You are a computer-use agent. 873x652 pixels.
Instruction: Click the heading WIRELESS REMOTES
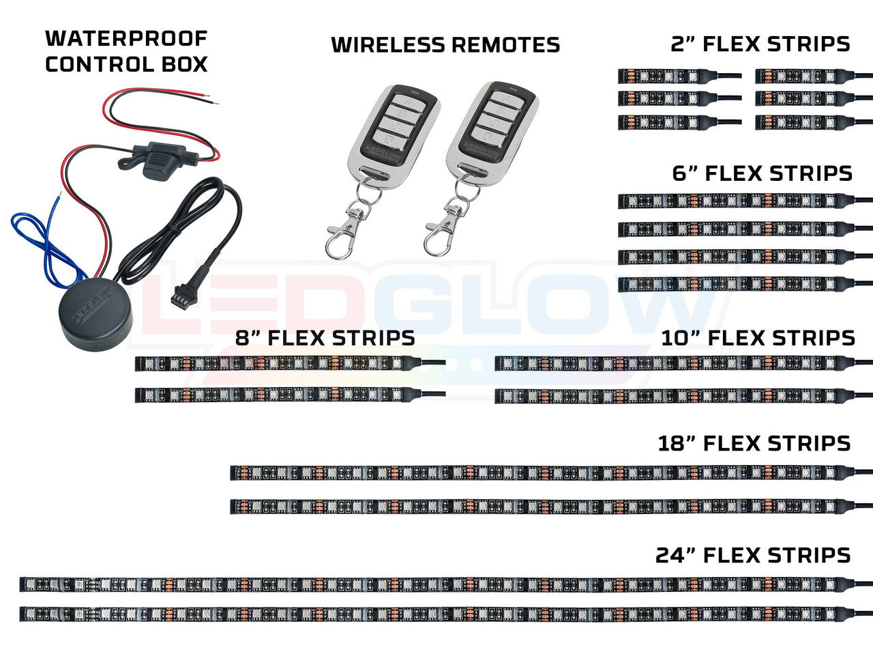coord(445,45)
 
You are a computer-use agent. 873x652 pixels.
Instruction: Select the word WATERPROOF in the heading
coord(126,38)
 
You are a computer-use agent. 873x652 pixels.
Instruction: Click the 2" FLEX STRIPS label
coord(760,44)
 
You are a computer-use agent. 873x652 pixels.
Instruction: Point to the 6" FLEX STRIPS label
coord(763,173)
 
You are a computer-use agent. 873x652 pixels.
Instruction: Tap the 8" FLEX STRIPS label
coord(325,338)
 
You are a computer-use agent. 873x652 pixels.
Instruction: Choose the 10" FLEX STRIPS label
coord(758,338)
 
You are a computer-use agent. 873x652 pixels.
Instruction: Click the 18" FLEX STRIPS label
coord(754,443)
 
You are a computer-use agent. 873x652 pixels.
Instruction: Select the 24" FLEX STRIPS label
coord(753,555)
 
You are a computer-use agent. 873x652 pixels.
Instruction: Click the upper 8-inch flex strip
coord(280,363)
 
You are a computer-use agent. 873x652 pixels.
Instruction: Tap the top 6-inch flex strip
coord(733,201)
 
